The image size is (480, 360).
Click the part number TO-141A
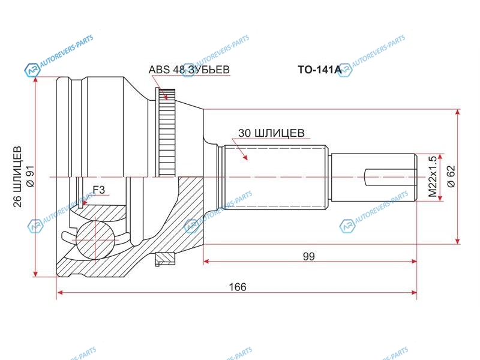320,70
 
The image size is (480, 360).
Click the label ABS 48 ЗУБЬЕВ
189,70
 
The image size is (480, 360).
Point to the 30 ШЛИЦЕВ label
271,133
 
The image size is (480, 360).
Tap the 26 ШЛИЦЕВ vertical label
17,177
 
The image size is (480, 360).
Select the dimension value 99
308,256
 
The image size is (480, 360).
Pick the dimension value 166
238,287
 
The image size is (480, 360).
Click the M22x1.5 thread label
433,176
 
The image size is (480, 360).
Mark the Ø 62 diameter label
451,176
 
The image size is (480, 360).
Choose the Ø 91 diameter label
31,177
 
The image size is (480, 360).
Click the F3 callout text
98,190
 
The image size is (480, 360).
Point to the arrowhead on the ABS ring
166,97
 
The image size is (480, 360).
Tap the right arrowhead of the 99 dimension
413,262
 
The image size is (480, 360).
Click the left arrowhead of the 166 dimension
61,292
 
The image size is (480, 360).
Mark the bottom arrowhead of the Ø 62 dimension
458,241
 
